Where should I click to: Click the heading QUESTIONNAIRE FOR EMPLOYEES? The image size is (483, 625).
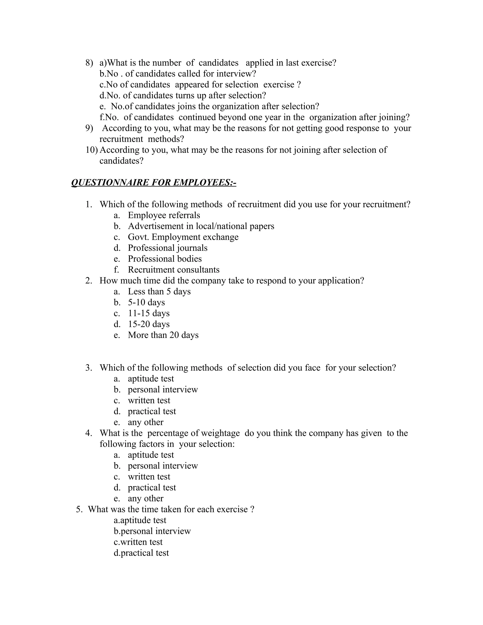(154, 183)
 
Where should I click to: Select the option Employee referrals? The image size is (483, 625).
(164, 215)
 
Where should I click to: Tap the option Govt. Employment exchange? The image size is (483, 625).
(183, 237)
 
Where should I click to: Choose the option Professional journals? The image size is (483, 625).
(168, 248)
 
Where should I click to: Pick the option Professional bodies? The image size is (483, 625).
(165, 259)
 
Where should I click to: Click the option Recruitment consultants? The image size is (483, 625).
(174, 270)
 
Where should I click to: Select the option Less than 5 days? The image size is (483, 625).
(159, 291)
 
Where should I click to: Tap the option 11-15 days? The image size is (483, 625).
(149, 313)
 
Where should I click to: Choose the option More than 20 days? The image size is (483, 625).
(163, 335)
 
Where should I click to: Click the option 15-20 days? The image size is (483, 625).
(149, 324)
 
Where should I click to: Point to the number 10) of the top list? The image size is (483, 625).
(91, 150)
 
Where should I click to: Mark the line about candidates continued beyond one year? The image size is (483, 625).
(255, 117)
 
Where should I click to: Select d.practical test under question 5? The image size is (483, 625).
(141, 553)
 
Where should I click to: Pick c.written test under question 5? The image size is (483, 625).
(138, 542)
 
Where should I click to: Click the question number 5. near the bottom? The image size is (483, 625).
(79, 509)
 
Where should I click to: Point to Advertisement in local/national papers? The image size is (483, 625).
(201, 226)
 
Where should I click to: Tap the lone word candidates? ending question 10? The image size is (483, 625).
(121, 161)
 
